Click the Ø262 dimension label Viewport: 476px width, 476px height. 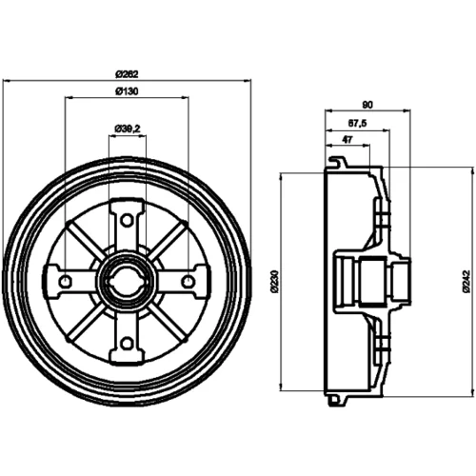point(127,74)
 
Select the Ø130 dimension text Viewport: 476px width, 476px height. point(127,91)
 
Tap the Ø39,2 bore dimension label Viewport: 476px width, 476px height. point(128,129)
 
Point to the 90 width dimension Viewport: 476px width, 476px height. point(367,105)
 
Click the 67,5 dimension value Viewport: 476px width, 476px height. point(357,123)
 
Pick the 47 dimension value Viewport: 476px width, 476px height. point(347,140)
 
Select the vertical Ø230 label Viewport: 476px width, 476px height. point(274,282)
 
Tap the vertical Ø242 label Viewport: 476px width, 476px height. point(466,282)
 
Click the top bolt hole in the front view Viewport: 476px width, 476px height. point(128,220)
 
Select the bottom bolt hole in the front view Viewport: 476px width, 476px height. point(128,343)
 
